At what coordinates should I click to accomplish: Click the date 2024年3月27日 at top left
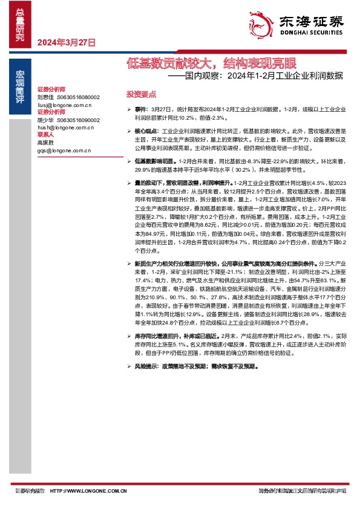pos(67,42)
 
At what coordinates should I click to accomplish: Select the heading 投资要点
pos(141,94)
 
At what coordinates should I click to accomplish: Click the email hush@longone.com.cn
pos(65,128)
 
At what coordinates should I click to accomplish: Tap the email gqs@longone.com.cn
pos(63,150)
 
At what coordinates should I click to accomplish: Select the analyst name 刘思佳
pos(45,97)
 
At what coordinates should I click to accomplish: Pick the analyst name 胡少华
pos(45,120)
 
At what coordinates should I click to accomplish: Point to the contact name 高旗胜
pos(45,143)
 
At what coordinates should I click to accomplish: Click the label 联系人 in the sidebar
pos(46,135)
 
